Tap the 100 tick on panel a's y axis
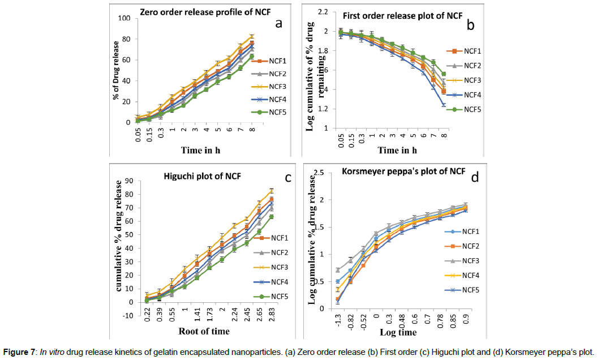coord(123,18)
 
